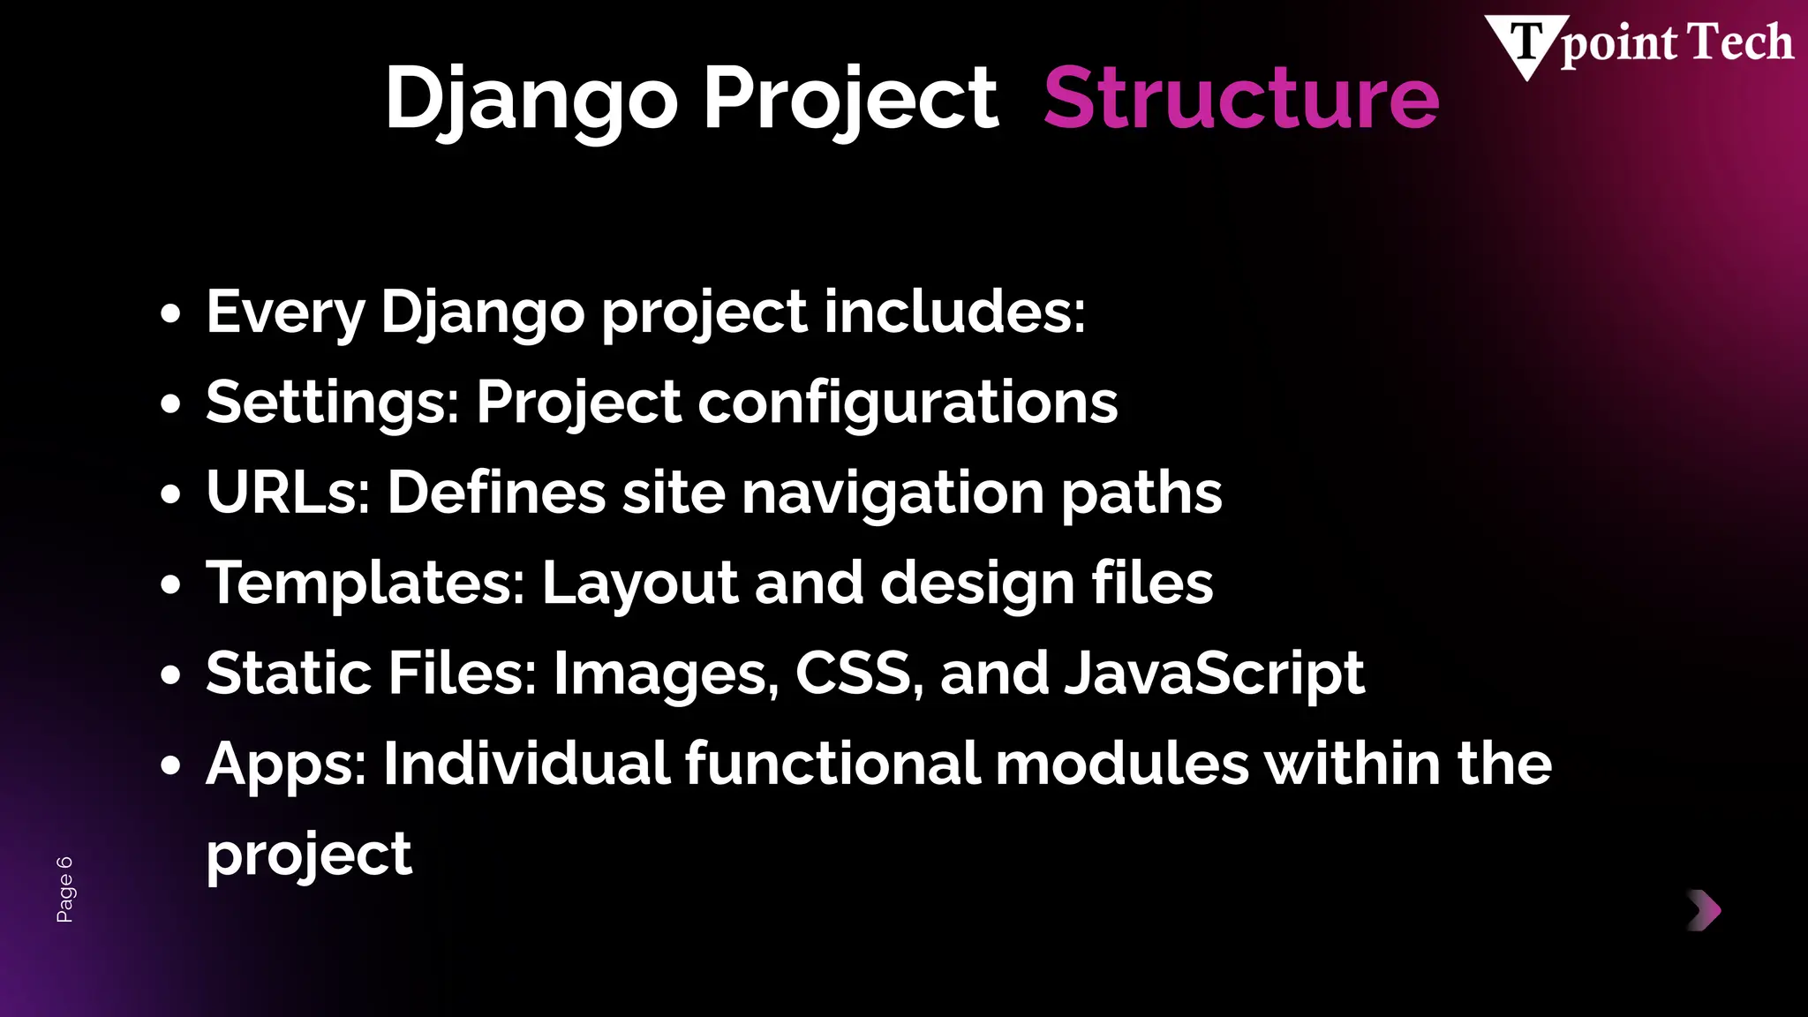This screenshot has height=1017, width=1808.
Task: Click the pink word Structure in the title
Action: pyautogui.click(x=1240, y=99)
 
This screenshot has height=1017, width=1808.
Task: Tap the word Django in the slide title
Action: pyautogui.click(x=531, y=99)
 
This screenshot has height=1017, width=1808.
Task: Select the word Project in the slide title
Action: pyautogui.click(x=849, y=99)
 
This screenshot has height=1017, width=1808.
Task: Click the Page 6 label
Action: pyautogui.click(x=65, y=889)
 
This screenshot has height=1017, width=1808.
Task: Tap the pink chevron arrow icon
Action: pyautogui.click(x=1704, y=910)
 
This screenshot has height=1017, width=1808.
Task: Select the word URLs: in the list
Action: pyautogui.click(x=288, y=493)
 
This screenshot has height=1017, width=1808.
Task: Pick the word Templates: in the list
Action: pyautogui.click(x=365, y=584)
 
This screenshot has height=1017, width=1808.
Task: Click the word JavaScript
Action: pyautogui.click(x=1214, y=674)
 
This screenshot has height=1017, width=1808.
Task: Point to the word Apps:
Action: pyautogui.click(x=286, y=765)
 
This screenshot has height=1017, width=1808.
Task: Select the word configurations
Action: pyautogui.click(x=908, y=403)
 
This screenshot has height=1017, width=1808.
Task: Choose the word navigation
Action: pyautogui.click(x=893, y=493)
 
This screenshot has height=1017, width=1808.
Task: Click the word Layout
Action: pyautogui.click(x=639, y=584)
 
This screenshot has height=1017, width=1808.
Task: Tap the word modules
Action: pyautogui.click(x=1121, y=764)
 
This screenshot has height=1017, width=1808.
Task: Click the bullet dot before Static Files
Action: pyautogui.click(x=171, y=675)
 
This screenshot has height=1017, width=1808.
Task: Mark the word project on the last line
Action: pyautogui.click(x=308, y=855)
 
